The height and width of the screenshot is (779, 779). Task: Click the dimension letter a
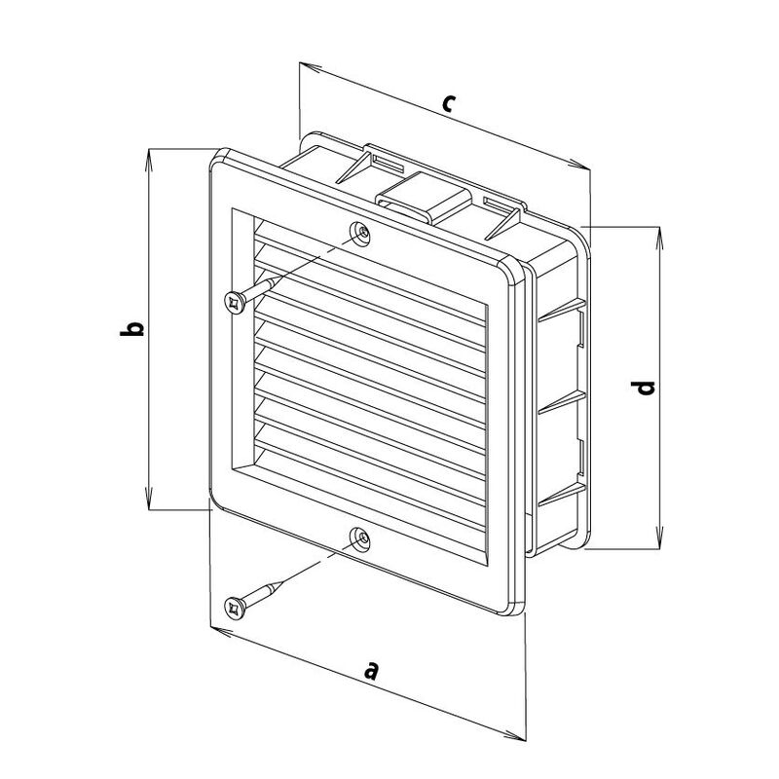pyautogui.click(x=371, y=670)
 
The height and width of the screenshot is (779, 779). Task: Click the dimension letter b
pyautogui.click(x=132, y=329)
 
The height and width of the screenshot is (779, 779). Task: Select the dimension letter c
pyautogui.click(x=448, y=103)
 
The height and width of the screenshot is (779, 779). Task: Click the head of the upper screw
pyautogui.click(x=235, y=302)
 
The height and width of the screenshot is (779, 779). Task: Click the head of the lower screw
pyautogui.click(x=235, y=608)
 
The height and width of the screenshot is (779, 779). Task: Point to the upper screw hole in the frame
pyautogui.click(x=359, y=233)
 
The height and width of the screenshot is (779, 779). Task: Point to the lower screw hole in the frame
pyautogui.click(x=359, y=538)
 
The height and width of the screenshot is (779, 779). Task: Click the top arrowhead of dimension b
pyautogui.click(x=149, y=159)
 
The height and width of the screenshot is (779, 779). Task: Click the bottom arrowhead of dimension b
pyautogui.click(x=149, y=499)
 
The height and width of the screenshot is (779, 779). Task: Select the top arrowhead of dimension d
pyautogui.click(x=660, y=238)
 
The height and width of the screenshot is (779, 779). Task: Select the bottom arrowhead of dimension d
pyautogui.click(x=660, y=538)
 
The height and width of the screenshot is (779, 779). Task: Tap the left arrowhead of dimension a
pyautogui.click(x=222, y=631)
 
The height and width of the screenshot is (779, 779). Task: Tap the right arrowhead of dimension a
pyautogui.click(x=514, y=735)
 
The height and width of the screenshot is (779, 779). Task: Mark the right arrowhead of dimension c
pyautogui.click(x=579, y=165)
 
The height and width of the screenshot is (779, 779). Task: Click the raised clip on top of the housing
pyautogui.click(x=424, y=198)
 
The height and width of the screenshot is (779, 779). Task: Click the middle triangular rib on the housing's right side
pyautogui.click(x=562, y=402)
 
